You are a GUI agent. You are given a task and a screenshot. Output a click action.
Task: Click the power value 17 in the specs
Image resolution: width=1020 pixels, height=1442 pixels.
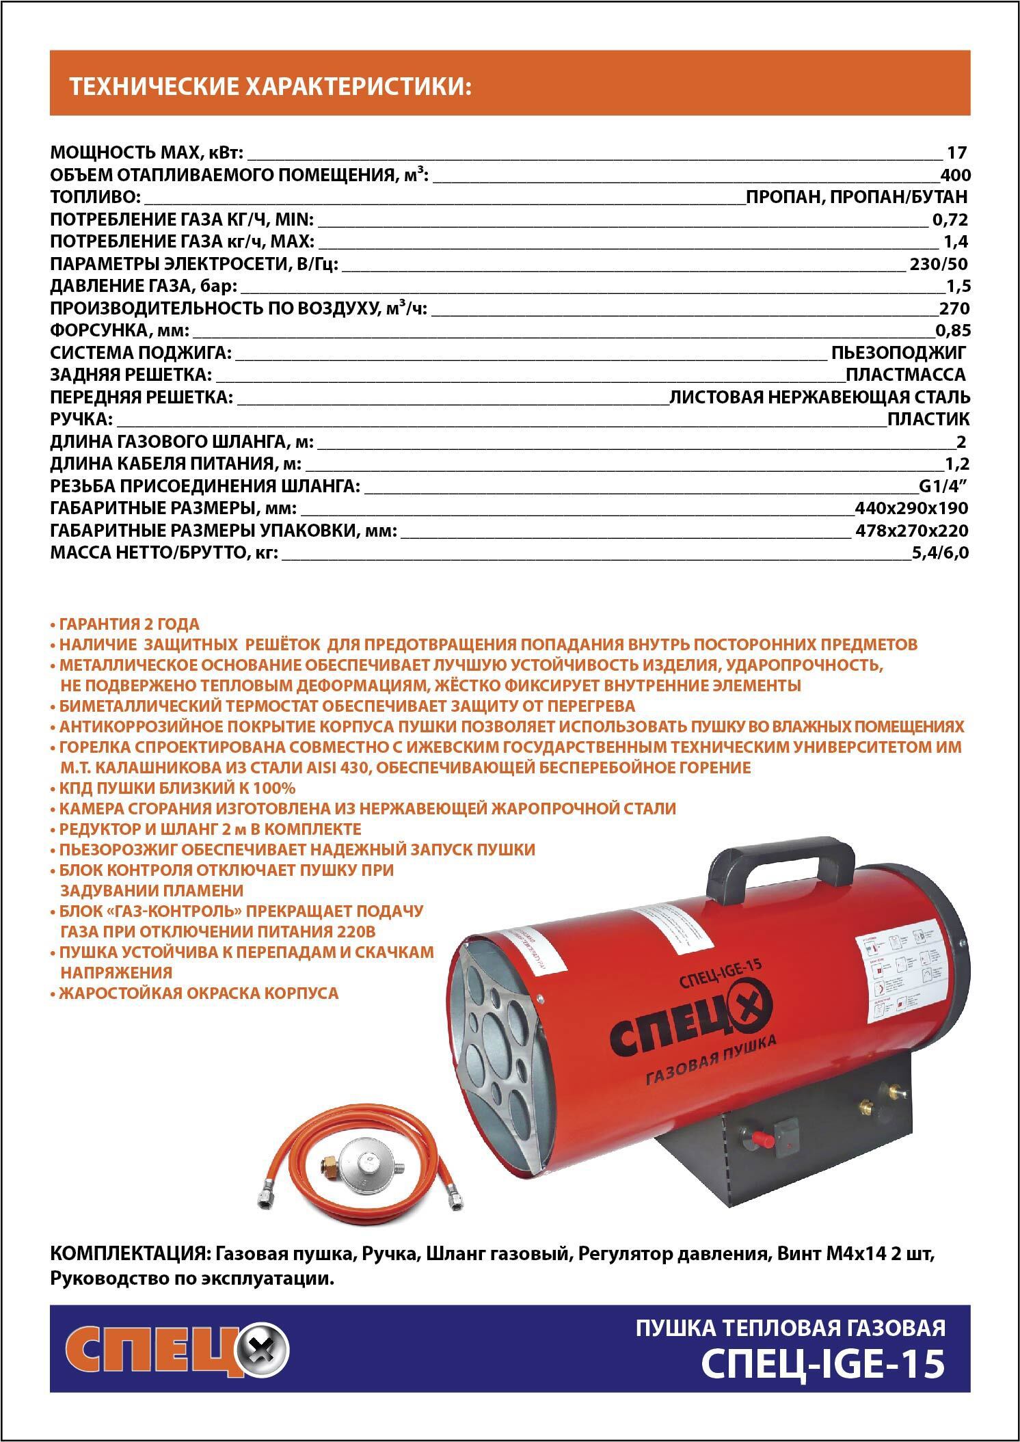[x=956, y=152]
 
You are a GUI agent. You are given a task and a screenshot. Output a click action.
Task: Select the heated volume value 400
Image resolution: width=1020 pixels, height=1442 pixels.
[x=955, y=175]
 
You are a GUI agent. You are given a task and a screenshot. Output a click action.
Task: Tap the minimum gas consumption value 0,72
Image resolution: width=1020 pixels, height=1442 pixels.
[x=950, y=220]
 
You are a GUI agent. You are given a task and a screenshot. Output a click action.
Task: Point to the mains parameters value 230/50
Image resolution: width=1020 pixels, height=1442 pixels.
[x=939, y=265]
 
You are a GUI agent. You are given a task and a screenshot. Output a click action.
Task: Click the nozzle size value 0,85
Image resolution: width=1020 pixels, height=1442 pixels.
[x=953, y=332]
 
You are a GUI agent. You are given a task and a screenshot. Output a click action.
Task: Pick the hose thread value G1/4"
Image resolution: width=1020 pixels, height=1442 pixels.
[x=944, y=487]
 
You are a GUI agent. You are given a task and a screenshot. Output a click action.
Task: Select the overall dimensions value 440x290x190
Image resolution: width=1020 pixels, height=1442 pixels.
[x=912, y=509]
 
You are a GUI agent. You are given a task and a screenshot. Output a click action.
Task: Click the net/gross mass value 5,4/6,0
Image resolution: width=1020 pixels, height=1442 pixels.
[x=940, y=553]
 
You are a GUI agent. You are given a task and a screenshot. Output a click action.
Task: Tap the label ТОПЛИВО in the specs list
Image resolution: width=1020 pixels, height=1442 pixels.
[x=95, y=198]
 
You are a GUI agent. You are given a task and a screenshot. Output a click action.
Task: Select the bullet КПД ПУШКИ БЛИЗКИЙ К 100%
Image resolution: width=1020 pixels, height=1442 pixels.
[x=177, y=788]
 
